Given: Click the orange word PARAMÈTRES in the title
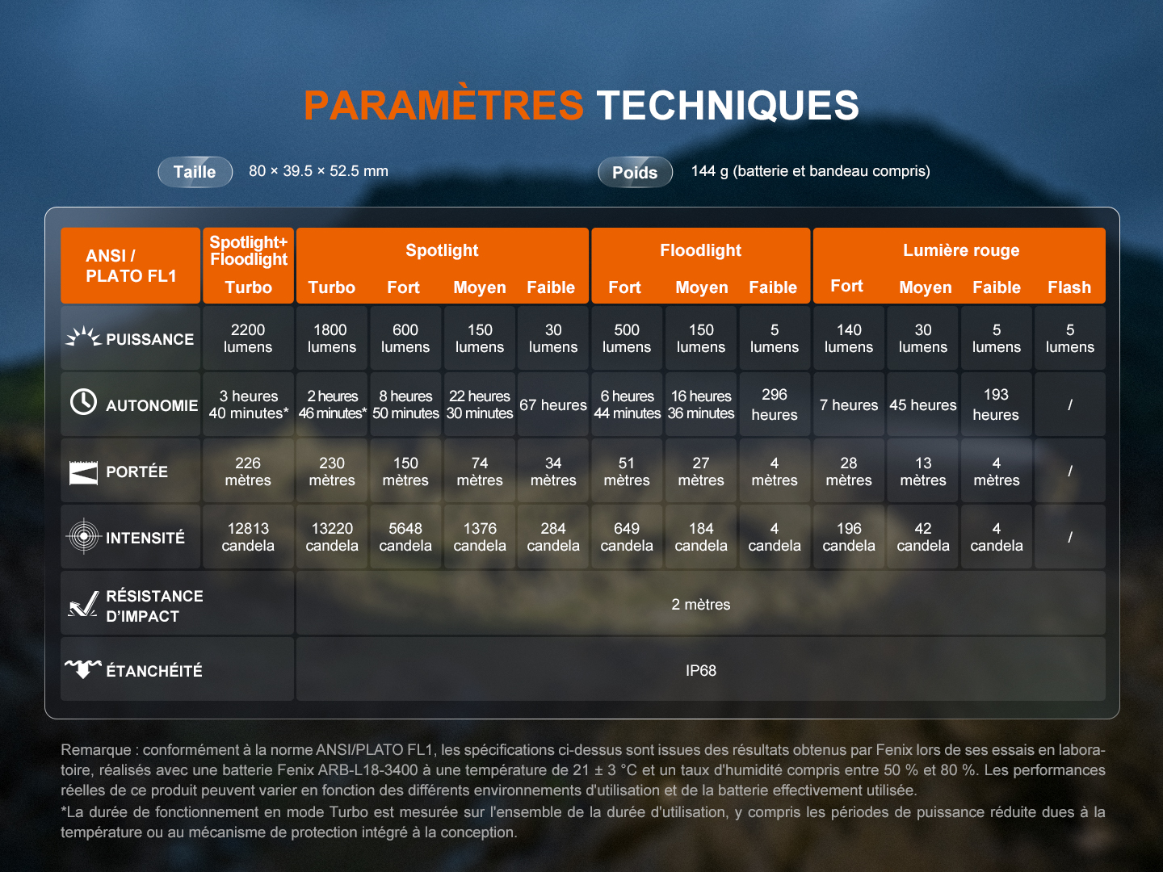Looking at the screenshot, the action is tap(443, 104).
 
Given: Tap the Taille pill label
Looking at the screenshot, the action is tap(195, 172).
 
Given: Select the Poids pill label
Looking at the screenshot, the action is tap(635, 172).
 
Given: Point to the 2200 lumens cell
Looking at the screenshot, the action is tap(248, 338).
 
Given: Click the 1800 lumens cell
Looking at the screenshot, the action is tap(332, 338).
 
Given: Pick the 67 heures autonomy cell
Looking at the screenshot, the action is tap(553, 405).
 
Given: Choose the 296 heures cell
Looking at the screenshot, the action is tap(774, 405).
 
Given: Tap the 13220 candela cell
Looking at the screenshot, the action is tap(332, 537).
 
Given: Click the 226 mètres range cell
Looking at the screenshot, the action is tap(248, 472).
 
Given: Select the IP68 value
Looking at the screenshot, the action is tap(700, 670).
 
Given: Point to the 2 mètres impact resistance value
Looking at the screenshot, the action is tap(700, 604).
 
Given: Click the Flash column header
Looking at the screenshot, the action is tap(1069, 287).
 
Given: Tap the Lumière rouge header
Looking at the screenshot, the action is tap(961, 250).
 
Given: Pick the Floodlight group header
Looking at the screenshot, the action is tap(700, 250).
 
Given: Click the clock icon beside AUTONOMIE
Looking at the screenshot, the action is tap(83, 402).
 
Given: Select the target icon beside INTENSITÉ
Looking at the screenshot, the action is tap(84, 536).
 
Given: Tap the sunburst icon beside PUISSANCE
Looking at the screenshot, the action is tap(83, 337).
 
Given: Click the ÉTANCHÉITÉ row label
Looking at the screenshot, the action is tap(154, 670).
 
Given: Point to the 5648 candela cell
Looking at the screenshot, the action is tap(405, 537).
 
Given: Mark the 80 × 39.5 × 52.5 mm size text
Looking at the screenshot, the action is tap(318, 171).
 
